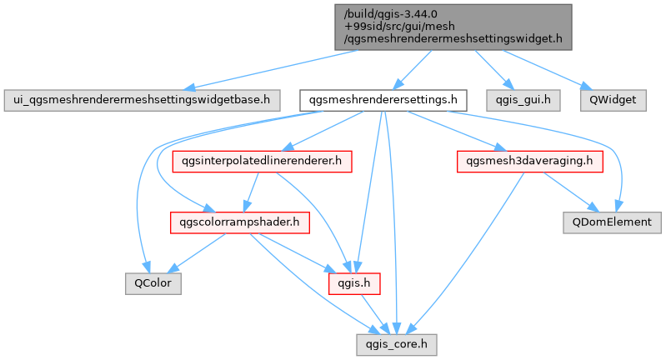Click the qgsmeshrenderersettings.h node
pyautogui.click(x=383, y=100)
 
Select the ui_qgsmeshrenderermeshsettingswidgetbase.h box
pyautogui.click(x=142, y=100)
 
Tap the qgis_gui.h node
pyautogui.click(x=523, y=100)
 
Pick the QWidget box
pyautogui.click(x=613, y=100)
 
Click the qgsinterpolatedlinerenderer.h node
pyautogui.click(x=262, y=162)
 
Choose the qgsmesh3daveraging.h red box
pyautogui.click(x=529, y=162)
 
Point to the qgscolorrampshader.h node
pyautogui.click(x=239, y=222)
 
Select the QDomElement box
pyautogui.click(x=612, y=222)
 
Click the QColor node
pyautogui.click(x=153, y=283)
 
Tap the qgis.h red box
pyautogui.click(x=353, y=283)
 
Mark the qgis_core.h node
pyautogui.click(x=396, y=345)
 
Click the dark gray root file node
pyautogui.click(x=453, y=27)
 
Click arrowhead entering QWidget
pyautogui.click(x=588, y=87)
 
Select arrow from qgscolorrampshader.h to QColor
pyautogui.click(x=197, y=253)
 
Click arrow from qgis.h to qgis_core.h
pyautogui.click(x=375, y=314)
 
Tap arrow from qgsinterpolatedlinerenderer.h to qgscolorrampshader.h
pyautogui.click(x=251, y=192)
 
